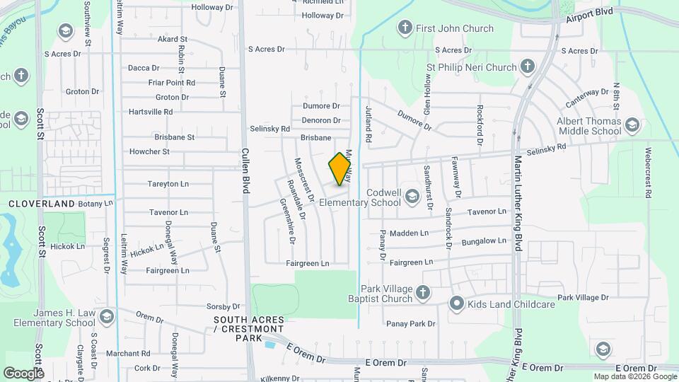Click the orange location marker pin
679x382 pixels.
[340, 169]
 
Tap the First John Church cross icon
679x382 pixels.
[405, 28]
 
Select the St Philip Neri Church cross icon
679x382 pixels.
[527, 67]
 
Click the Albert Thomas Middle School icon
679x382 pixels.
[632, 126]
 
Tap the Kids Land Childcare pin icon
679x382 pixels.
[457, 304]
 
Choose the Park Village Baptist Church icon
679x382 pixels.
[422, 293]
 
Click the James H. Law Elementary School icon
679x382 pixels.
[107, 315]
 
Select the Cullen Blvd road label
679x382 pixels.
[246, 170]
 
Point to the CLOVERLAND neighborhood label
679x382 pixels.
[42, 204]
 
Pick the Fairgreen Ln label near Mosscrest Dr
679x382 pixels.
[308, 263]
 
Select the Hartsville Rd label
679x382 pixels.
[151, 112]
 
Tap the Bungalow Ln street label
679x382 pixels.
[484, 241]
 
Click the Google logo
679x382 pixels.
[23, 373]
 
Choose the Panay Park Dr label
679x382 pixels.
[410, 324]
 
